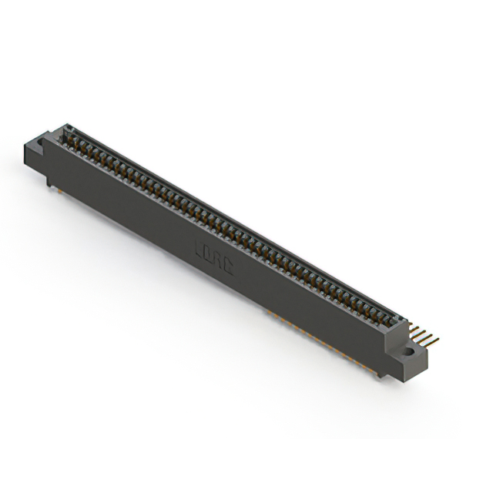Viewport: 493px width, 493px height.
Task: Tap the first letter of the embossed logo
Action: click(199, 249)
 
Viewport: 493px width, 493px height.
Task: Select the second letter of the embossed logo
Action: click(208, 254)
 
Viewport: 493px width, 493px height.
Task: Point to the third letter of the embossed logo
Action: click(218, 260)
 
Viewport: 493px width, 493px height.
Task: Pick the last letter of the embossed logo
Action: click(228, 265)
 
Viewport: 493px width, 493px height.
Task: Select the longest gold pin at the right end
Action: click(429, 339)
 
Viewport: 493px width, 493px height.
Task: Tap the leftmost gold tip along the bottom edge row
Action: click(269, 312)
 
